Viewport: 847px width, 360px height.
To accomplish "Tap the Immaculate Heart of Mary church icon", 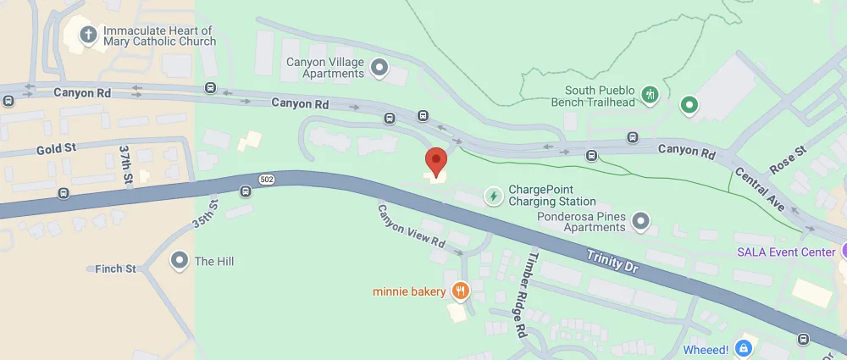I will [x=87, y=35].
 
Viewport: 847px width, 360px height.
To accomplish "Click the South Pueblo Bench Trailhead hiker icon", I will [x=650, y=94].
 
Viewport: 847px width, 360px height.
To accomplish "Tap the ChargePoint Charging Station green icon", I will [x=493, y=196].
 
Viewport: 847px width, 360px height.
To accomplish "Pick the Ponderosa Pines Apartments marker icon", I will [x=641, y=222].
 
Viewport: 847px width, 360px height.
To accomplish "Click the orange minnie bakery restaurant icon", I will [x=461, y=291].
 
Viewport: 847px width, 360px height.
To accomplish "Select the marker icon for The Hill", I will [x=179, y=261].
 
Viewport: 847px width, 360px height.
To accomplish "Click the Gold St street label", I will [x=56, y=148].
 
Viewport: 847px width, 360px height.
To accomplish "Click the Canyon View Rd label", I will [x=412, y=226].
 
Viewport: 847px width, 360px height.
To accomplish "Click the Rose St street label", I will [x=787, y=160].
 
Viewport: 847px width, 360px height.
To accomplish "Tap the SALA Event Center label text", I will [x=787, y=252].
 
